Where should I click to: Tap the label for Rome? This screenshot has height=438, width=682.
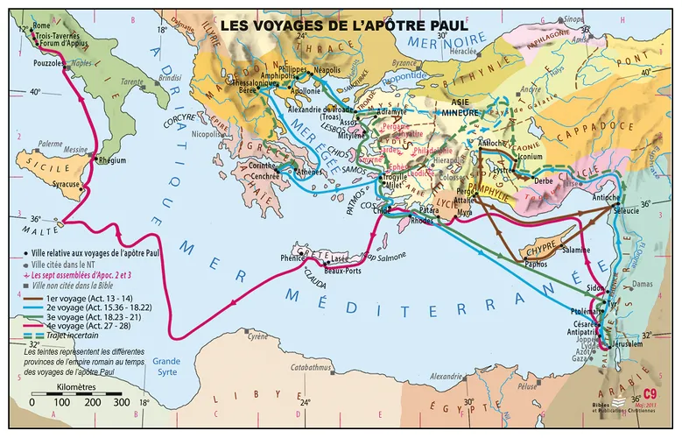(41, 26)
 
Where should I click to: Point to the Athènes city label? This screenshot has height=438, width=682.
(309, 173)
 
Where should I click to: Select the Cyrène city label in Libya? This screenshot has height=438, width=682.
(256, 336)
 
